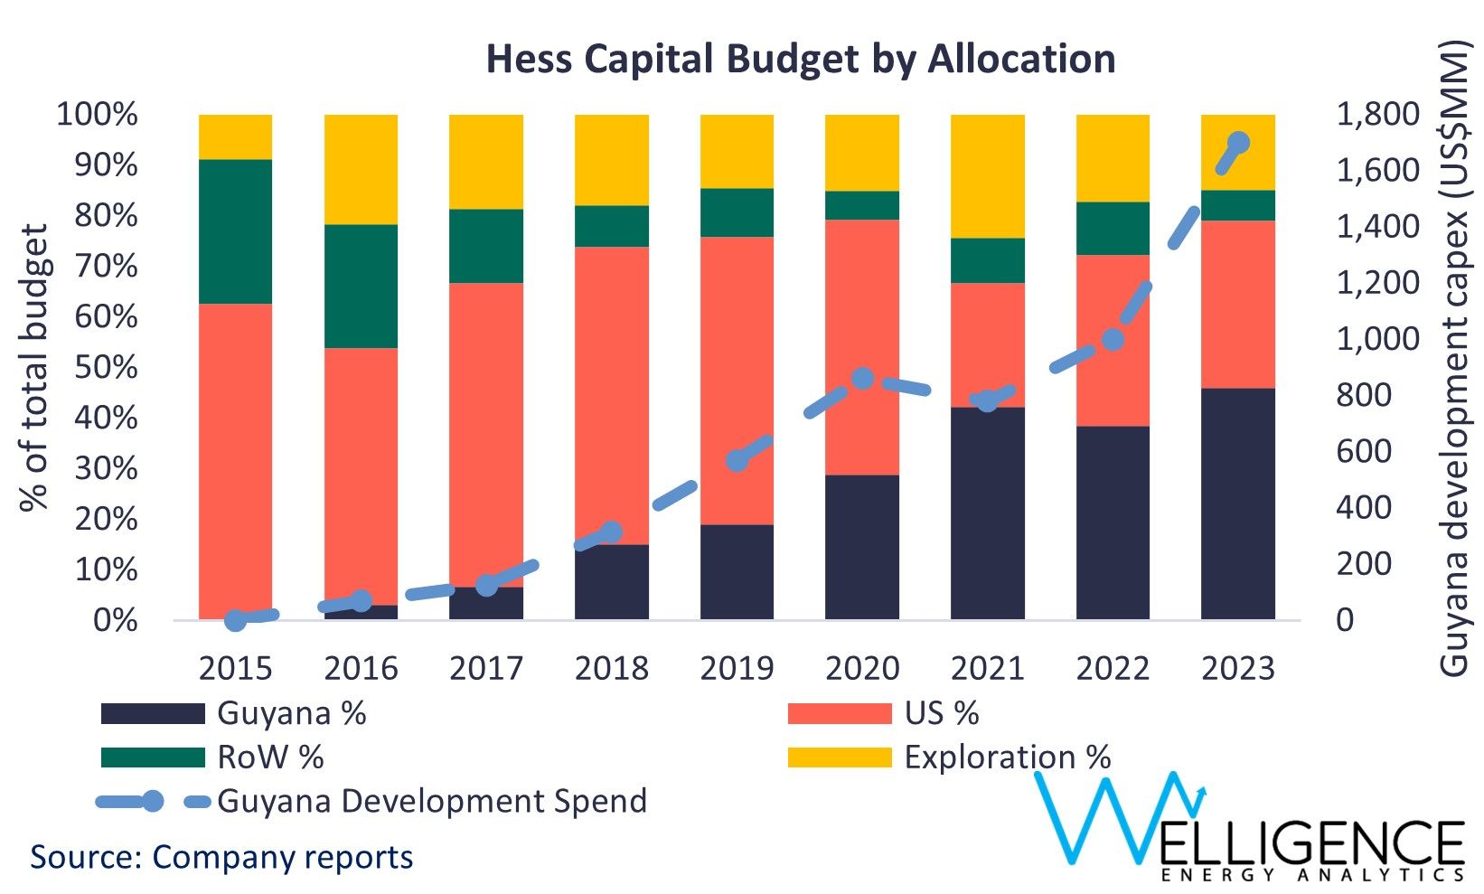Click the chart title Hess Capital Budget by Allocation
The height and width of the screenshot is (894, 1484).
(800, 60)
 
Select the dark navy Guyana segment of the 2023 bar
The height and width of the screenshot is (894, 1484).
(1237, 503)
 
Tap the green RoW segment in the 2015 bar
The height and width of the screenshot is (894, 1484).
(235, 231)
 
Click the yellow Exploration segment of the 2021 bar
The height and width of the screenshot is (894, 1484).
(987, 176)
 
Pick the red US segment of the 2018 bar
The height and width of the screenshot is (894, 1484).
(612, 395)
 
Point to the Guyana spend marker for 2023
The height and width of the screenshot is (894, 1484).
(1237, 143)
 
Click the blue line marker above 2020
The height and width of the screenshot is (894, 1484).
(862, 378)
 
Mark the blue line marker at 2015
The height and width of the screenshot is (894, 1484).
(235, 619)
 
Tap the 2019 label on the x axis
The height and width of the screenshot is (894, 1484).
(737, 668)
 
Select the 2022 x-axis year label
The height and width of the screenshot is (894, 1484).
(1112, 668)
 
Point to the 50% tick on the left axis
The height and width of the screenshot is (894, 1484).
(98, 367)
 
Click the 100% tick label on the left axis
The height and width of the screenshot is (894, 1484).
(98, 115)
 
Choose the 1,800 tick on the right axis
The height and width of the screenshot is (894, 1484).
(1377, 115)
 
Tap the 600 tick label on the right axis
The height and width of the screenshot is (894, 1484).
(1363, 451)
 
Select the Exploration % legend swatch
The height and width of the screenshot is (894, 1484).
(839, 758)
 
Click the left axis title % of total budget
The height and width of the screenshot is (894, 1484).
(33, 367)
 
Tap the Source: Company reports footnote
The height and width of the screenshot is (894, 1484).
(222, 856)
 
